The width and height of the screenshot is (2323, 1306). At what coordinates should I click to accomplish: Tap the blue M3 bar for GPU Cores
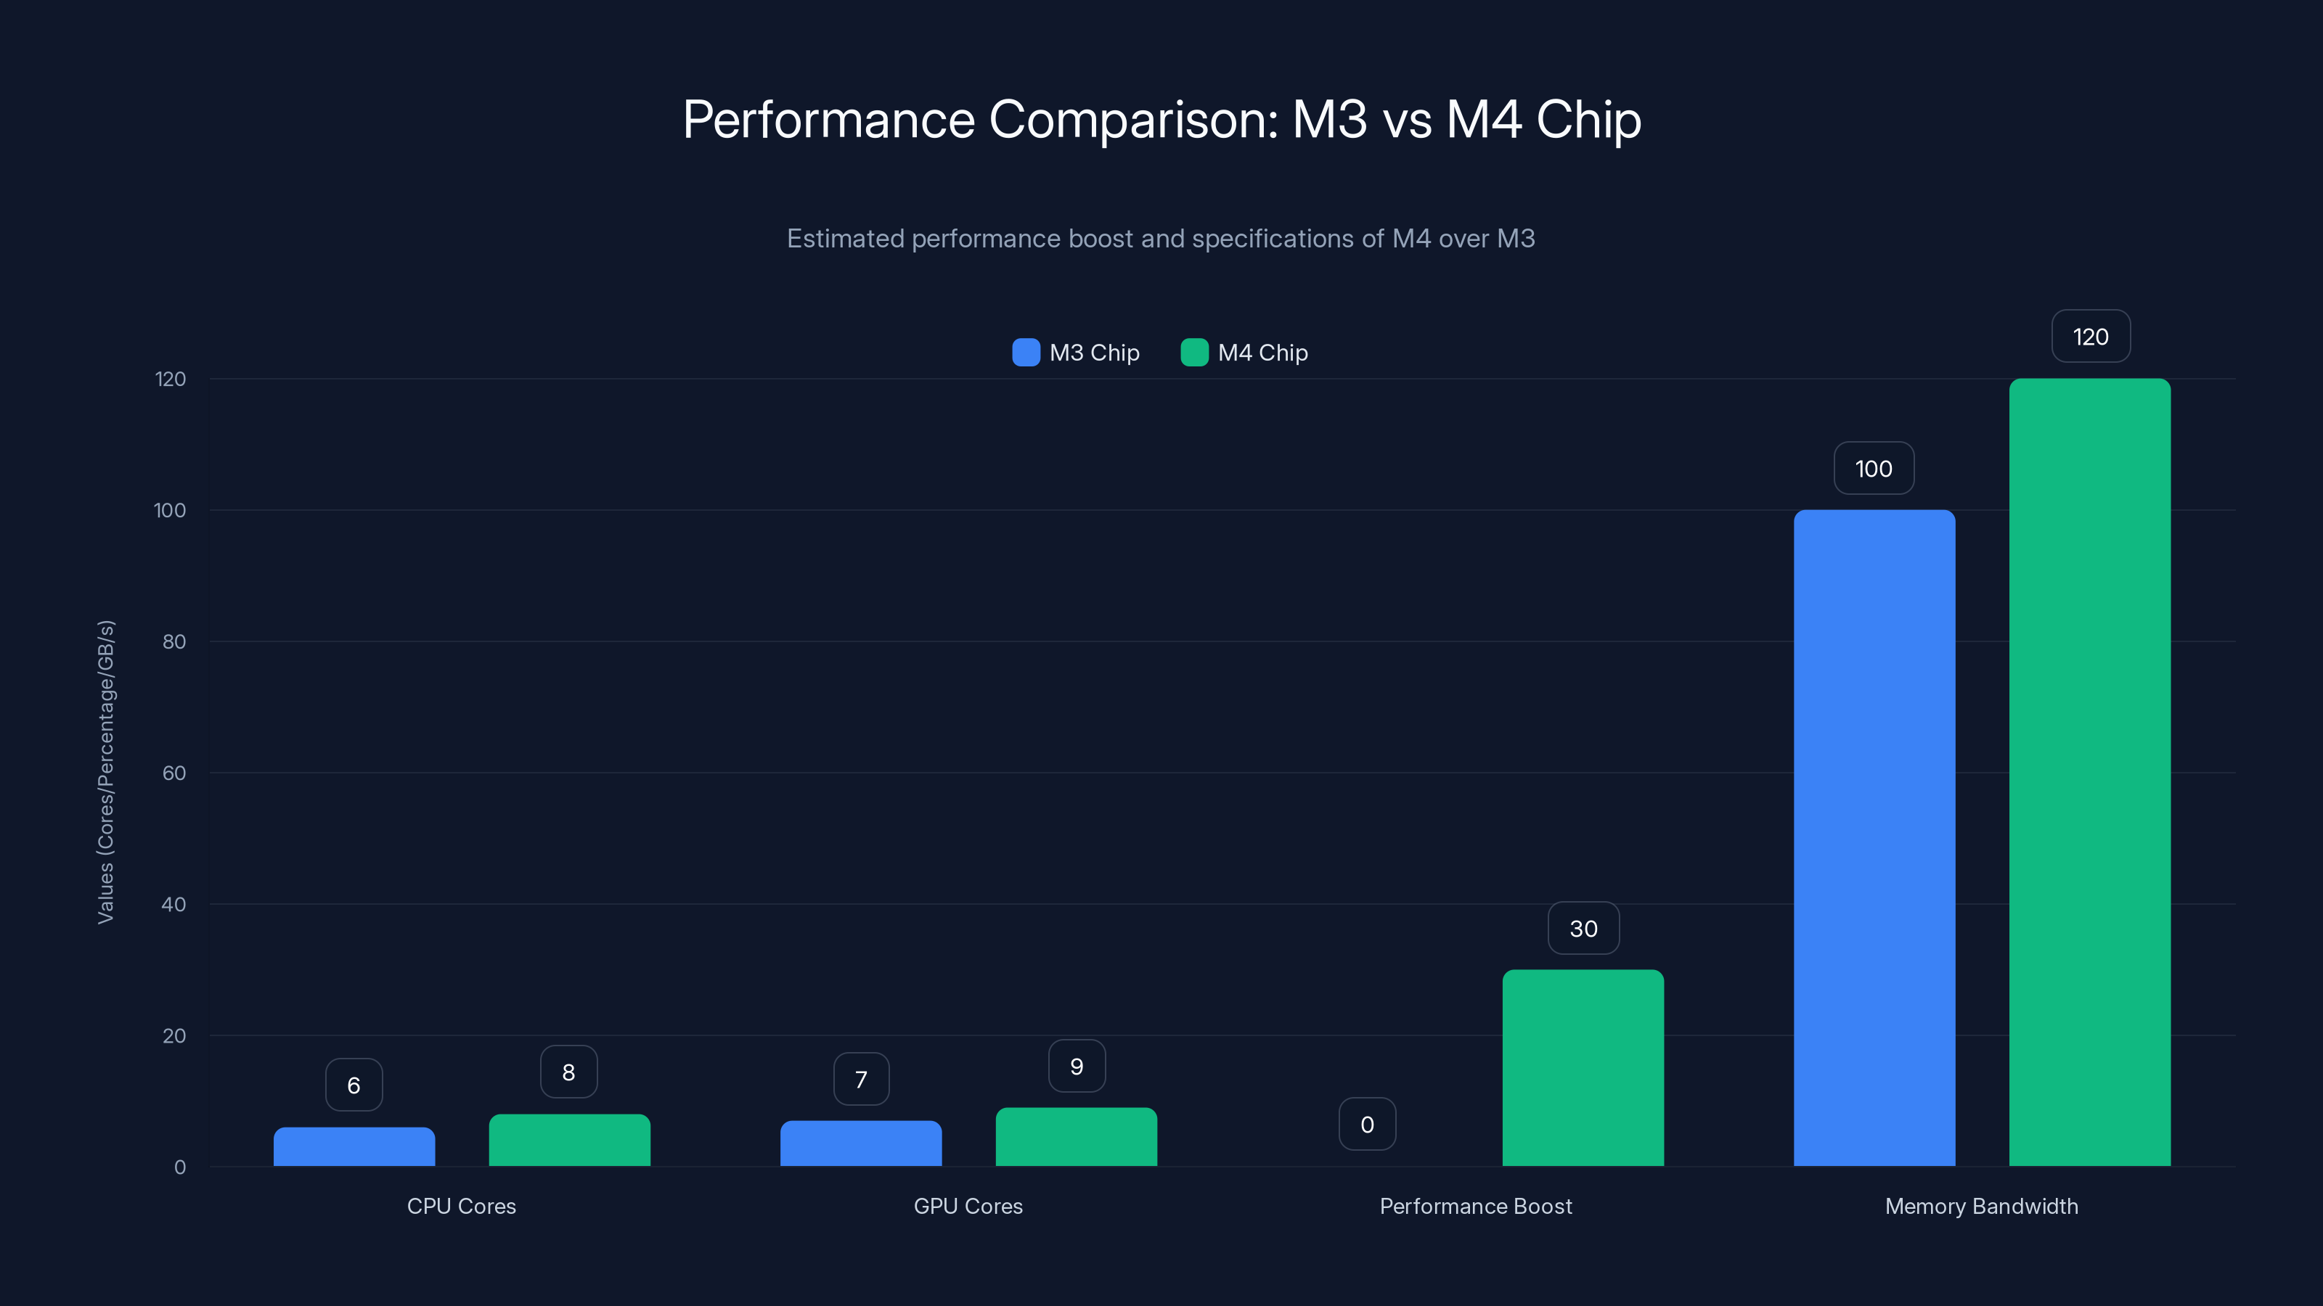860,1143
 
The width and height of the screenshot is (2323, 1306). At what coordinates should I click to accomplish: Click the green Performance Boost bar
1583,1068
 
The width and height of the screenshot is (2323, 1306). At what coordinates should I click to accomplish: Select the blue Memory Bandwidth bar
1874,838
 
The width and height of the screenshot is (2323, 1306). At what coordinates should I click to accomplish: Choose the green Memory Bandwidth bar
2089,773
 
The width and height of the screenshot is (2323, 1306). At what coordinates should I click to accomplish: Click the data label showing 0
1367,1124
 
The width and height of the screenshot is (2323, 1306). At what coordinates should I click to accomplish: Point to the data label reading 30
1583,929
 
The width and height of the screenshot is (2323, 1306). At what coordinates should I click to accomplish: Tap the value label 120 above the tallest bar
2091,336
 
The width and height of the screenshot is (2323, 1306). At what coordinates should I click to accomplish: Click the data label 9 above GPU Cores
1077,1067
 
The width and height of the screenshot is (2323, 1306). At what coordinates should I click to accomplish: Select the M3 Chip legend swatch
1025,353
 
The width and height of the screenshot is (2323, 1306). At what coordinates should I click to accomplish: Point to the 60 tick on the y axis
174,773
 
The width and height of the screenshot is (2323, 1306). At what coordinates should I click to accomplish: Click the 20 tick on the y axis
174,1035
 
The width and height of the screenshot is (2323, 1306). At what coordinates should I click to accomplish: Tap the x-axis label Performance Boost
1475,1206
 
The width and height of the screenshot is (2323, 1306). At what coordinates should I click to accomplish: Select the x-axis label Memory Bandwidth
1981,1206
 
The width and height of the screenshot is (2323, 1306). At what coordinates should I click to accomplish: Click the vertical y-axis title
105,771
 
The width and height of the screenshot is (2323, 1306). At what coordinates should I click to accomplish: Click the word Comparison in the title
1133,120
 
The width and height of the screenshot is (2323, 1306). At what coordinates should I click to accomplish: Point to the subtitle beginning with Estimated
1161,239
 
